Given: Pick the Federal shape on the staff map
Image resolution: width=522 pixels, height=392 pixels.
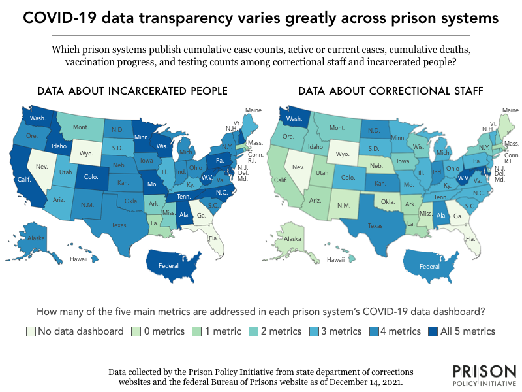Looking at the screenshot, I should (411, 267).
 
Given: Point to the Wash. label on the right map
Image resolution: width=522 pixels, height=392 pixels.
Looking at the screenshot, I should (294, 119).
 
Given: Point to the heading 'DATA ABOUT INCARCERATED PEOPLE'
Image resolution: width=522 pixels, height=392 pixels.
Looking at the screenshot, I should (132, 91).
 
